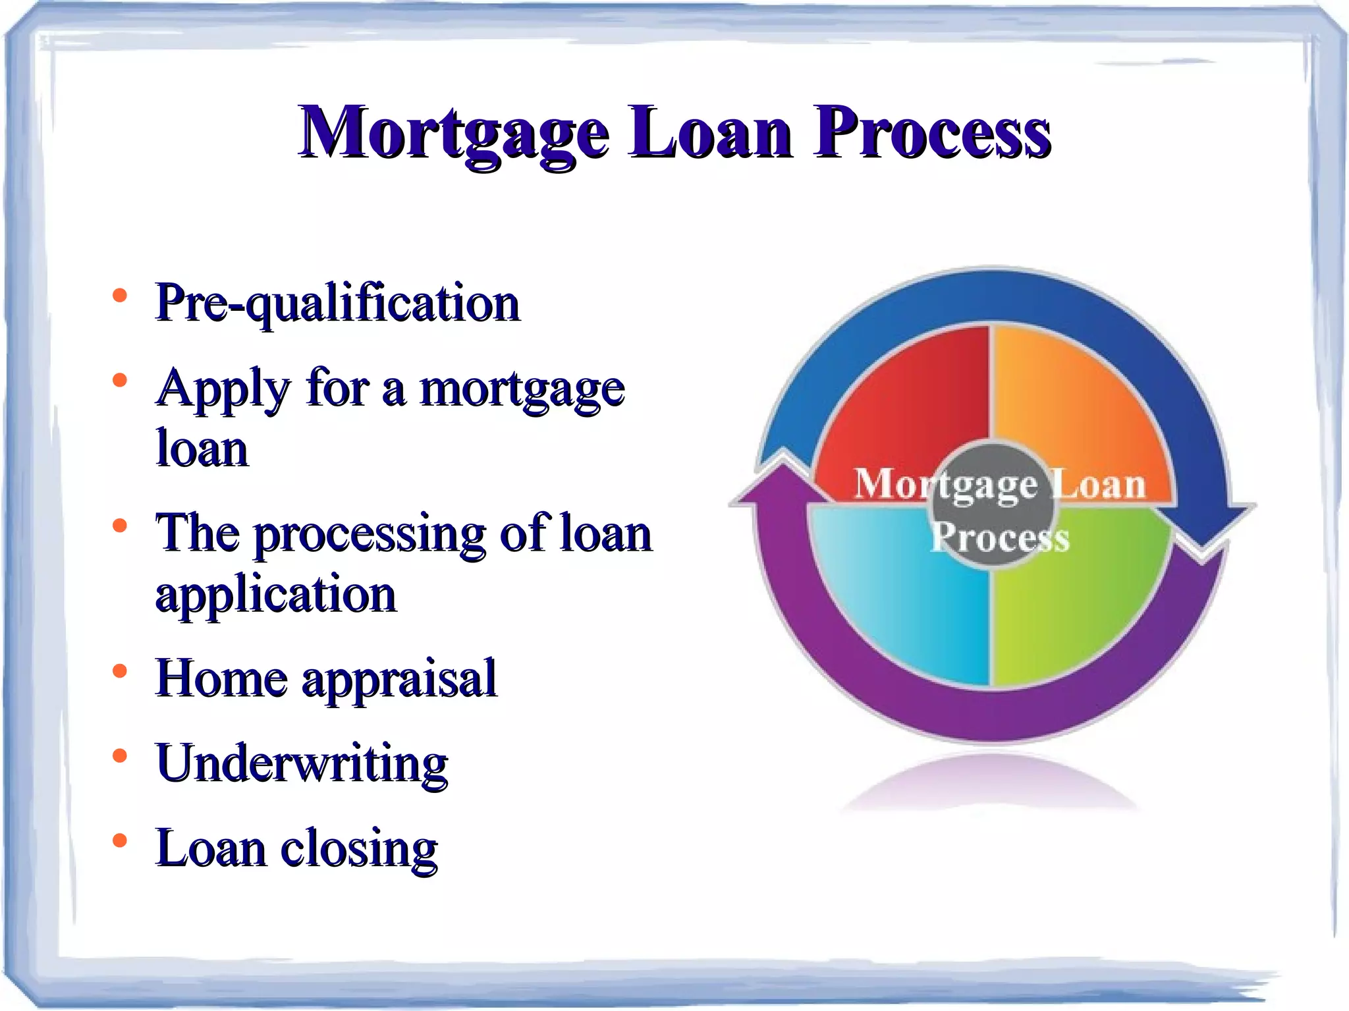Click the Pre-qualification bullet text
[x=337, y=303]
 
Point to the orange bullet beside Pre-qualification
[x=119, y=296]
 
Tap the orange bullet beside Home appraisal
[x=119, y=671]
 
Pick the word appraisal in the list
[x=399, y=680]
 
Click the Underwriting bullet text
[x=302, y=764]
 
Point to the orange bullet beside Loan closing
[x=119, y=841]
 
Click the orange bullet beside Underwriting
[x=119, y=756]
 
